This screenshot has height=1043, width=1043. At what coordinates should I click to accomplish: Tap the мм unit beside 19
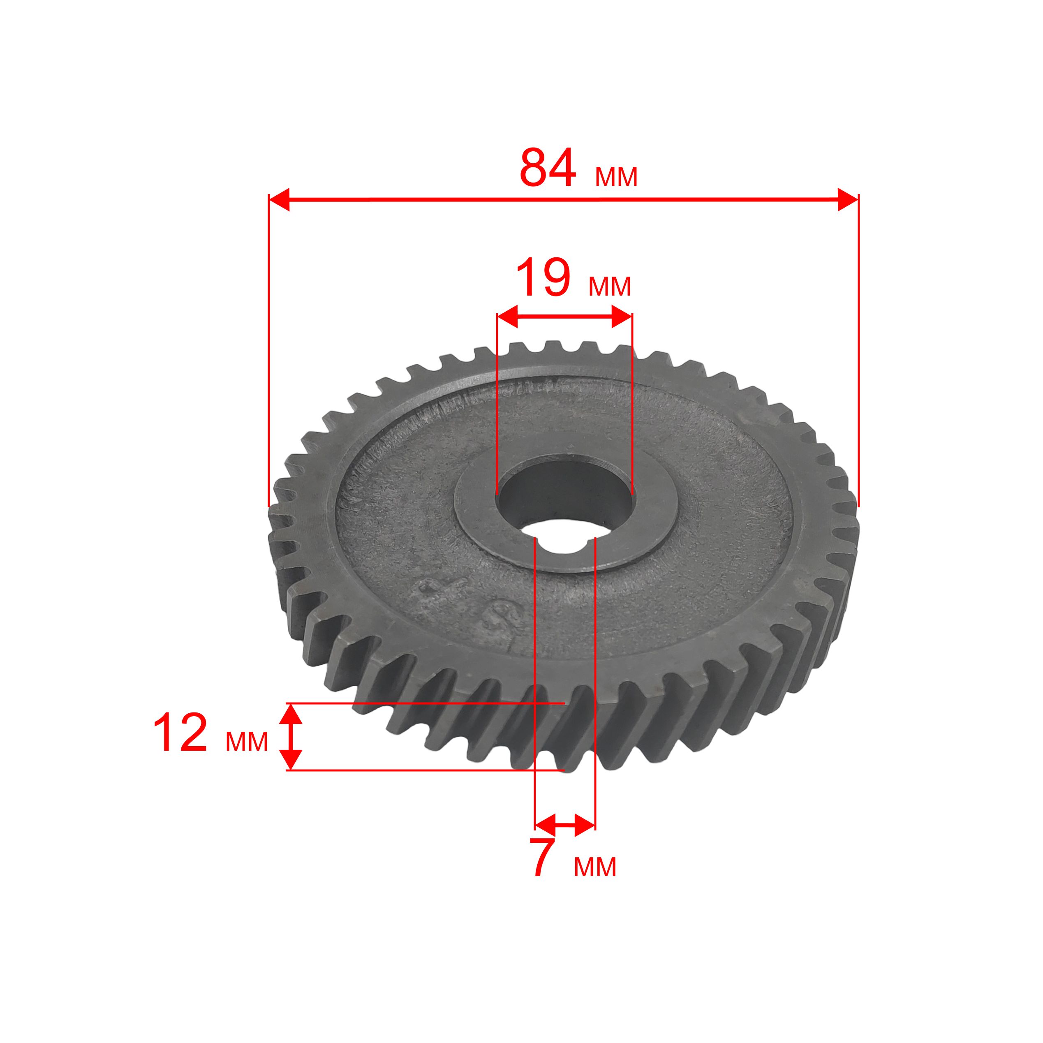(610, 286)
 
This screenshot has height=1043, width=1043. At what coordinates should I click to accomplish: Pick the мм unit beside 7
(595, 867)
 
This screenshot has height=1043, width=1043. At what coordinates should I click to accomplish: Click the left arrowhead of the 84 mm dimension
(279, 200)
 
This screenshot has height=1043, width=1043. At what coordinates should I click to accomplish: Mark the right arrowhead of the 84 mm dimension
(848, 200)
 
